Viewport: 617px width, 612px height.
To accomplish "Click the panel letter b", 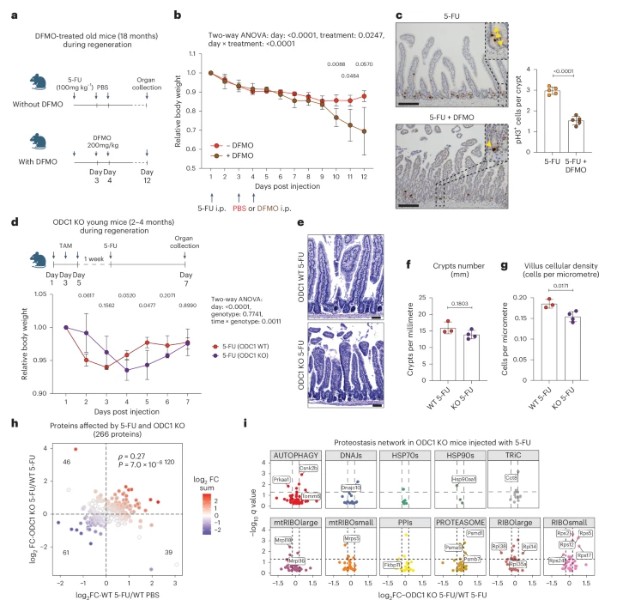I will (x=177, y=15).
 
